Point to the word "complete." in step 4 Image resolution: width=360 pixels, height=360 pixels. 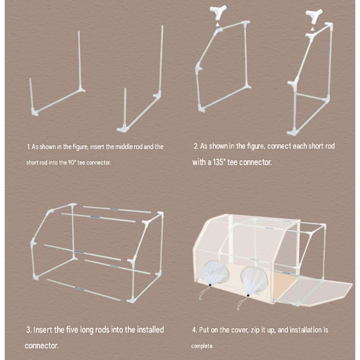pos(202,346)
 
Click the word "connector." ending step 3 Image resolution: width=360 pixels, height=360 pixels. pos(41,346)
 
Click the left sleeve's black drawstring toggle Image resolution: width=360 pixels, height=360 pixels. pos(210,285)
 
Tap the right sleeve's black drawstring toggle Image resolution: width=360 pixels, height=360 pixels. pos(248,295)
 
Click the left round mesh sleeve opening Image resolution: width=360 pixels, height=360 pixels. pos(216,273)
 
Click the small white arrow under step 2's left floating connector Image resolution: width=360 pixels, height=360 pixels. pos(218,24)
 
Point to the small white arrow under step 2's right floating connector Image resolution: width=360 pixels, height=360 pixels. pos(312,29)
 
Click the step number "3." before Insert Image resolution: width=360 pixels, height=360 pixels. pos(29,330)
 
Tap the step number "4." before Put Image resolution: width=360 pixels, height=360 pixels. pos(195,330)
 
